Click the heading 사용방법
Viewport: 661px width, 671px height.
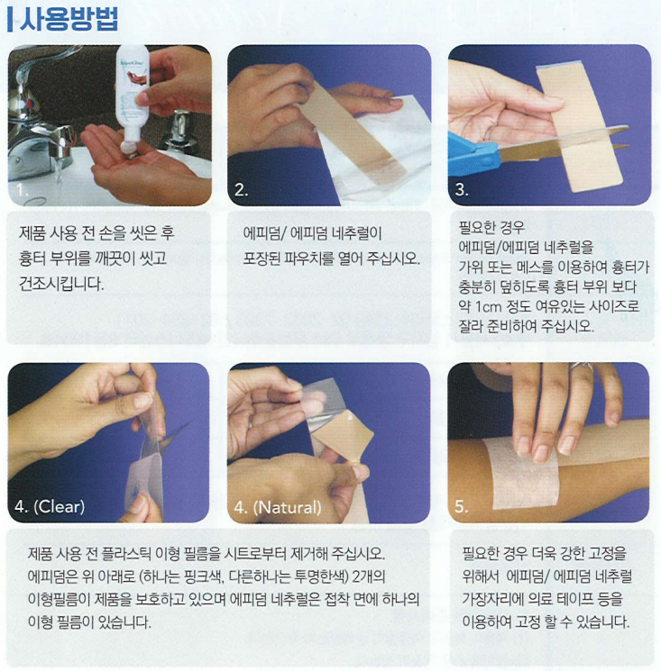pyautogui.click(x=69, y=20)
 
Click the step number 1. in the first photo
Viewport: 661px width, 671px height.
pyautogui.click(x=22, y=190)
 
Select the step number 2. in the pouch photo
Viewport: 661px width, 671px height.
pyautogui.click(x=241, y=190)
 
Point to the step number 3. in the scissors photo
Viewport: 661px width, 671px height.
pyautogui.click(x=462, y=189)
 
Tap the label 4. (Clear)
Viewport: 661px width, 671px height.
pyautogui.click(x=50, y=507)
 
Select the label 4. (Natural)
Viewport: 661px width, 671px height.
pyautogui.click(x=278, y=508)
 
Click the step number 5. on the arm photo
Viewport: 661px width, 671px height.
pyautogui.click(x=462, y=507)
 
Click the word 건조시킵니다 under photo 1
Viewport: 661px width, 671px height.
pyautogui.click(x=60, y=284)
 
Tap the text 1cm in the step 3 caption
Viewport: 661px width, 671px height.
pyautogui.click(x=488, y=307)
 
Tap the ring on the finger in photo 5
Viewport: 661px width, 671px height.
pyautogui.click(x=582, y=367)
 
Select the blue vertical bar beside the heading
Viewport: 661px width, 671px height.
pyautogui.click(x=10, y=20)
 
